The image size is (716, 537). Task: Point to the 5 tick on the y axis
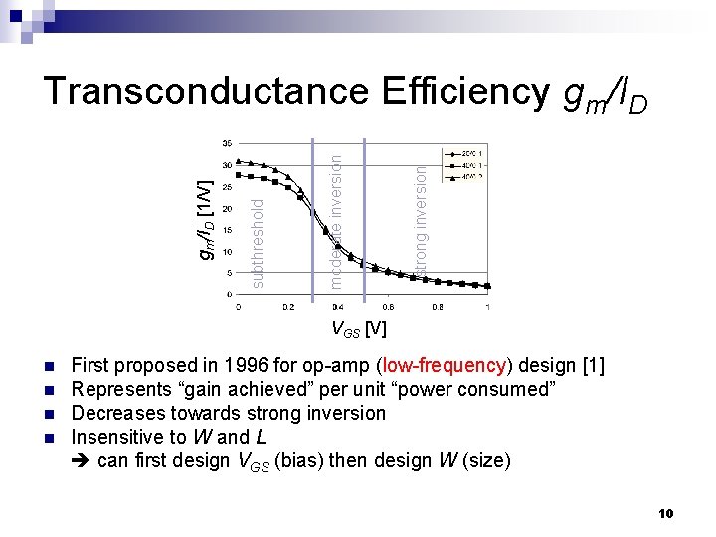pyautogui.click(x=230, y=273)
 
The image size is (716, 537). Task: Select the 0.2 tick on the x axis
pyautogui.click(x=287, y=307)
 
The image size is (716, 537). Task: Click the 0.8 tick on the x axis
pyautogui.click(x=438, y=307)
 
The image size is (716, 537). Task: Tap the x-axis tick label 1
pyautogui.click(x=488, y=307)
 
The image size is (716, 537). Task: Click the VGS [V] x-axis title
pyautogui.click(x=358, y=328)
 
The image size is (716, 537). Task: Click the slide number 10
pyautogui.click(x=666, y=513)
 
